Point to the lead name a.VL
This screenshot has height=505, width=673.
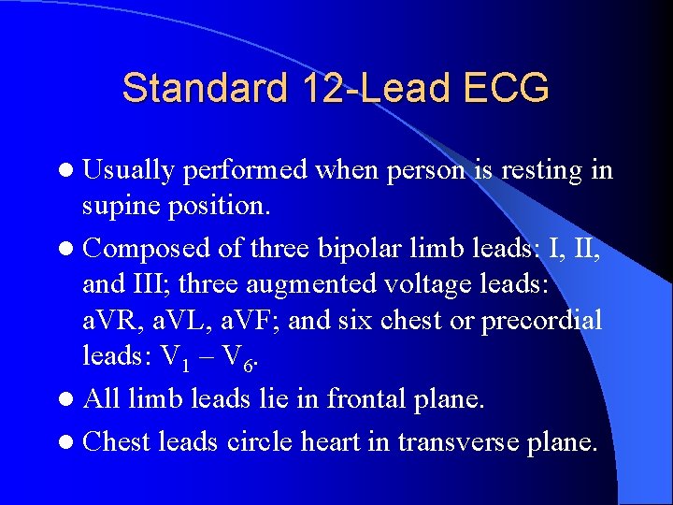(x=194, y=321)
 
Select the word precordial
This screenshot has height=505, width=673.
(x=542, y=321)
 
